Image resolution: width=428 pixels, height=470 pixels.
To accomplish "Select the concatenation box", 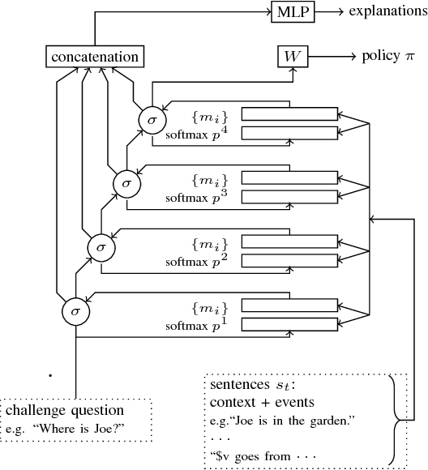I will coord(95,57).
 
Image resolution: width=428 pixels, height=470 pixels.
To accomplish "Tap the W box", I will coord(289,57).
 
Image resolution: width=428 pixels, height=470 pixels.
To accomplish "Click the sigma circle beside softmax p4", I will coord(151,119).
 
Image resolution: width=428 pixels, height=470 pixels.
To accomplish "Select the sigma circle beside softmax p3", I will coord(126,182).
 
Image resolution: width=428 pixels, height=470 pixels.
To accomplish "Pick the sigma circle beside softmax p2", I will coord(101,245).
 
